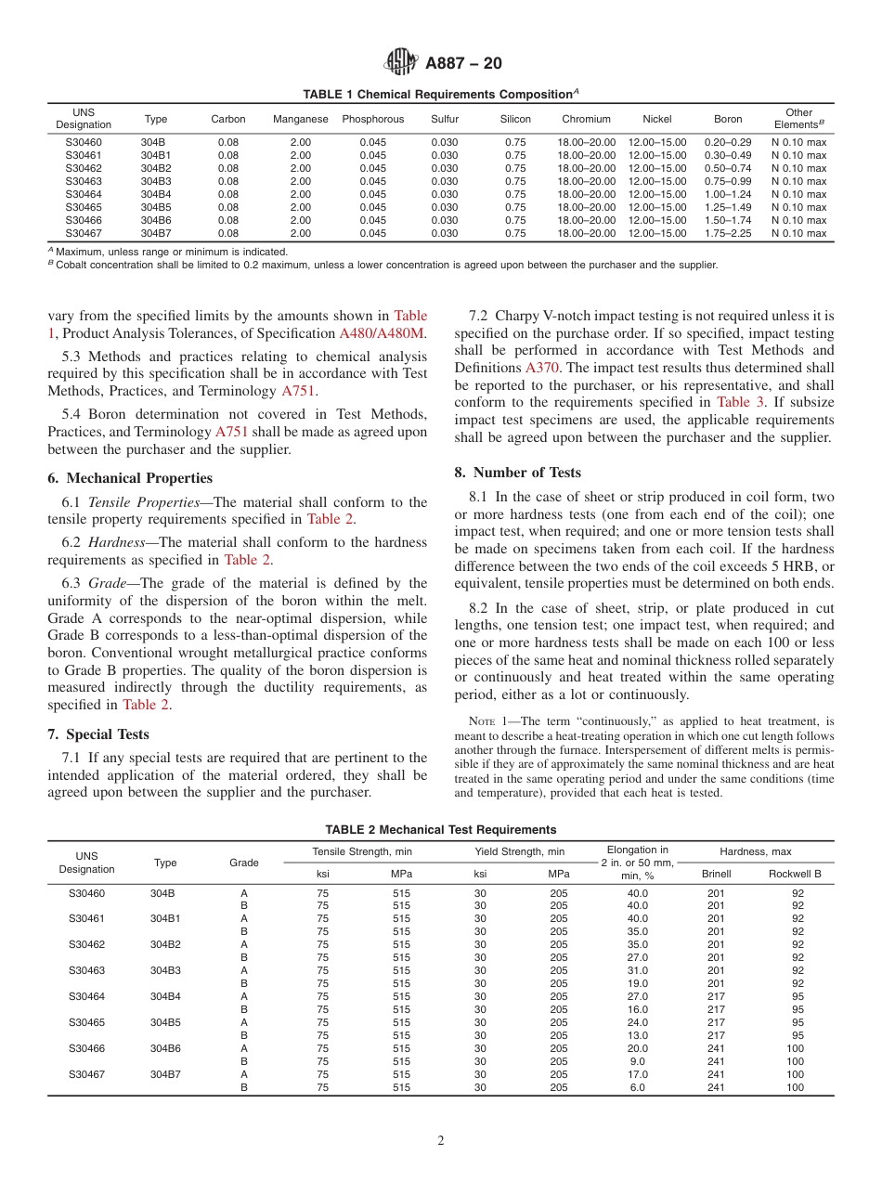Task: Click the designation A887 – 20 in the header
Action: [463, 63]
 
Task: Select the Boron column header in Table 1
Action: [728, 119]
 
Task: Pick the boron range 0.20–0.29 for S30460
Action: [728, 142]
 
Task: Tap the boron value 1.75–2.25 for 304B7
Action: [728, 233]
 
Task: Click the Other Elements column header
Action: [798, 118]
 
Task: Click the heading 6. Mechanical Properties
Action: [130, 478]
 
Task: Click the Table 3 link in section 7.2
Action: [740, 402]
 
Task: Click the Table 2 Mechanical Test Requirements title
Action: [440, 829]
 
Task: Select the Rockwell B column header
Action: [795, 874]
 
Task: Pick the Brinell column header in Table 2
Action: [716, 874]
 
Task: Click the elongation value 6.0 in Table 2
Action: [637, 1087]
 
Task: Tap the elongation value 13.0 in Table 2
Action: [637, 1035]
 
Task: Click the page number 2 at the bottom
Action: [441, 1141]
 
